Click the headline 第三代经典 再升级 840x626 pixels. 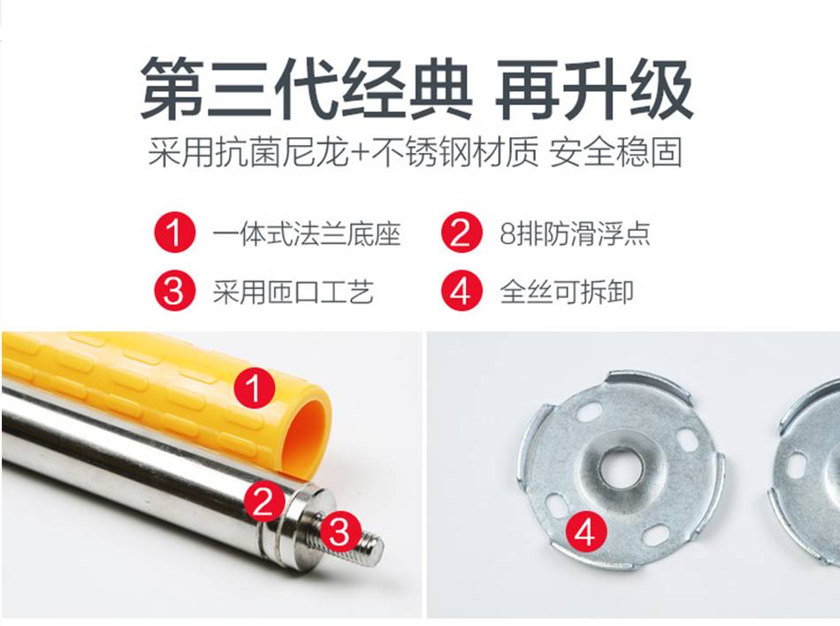(416, 89)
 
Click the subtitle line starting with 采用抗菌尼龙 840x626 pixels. (416, 152)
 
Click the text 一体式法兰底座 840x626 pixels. (307, 233)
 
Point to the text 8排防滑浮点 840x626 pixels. (575, 233)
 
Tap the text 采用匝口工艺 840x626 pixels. (293, 293)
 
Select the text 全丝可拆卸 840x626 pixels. (567, 293)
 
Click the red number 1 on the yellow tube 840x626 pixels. (255, 387)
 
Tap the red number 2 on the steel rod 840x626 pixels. (263, 501)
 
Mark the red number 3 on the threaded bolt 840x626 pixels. (339, 531)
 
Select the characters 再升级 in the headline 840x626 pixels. (595, 89)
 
